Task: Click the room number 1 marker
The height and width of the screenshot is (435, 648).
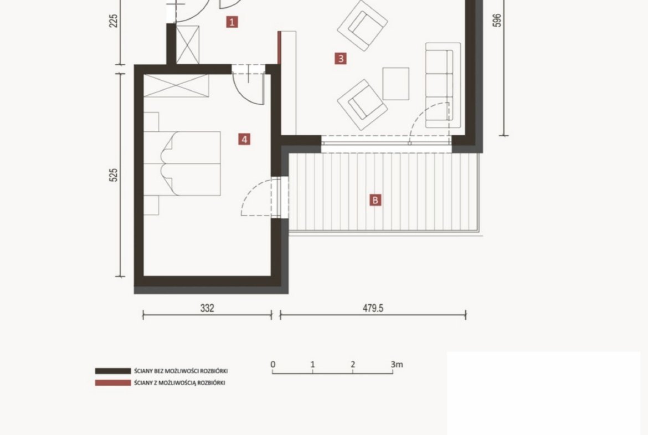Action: pos(232,22)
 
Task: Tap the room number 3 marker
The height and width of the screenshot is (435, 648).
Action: pos(341,58)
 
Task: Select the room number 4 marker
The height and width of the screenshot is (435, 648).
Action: pos(244,139)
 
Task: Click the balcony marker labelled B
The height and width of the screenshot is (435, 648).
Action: pos(376,200)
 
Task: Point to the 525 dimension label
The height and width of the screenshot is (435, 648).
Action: pos(113,175)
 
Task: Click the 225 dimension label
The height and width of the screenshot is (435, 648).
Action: pos(113,21)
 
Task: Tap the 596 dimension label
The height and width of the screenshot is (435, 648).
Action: pos(497,21)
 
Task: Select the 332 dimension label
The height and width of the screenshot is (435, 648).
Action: pos(207,308)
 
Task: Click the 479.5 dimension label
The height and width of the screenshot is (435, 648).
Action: pos(373,308)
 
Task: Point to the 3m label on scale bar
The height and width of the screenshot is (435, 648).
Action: pos(397,364)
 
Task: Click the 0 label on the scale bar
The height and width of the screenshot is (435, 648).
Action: pos(272,364)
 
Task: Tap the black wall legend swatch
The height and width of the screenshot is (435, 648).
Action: pos(113,371)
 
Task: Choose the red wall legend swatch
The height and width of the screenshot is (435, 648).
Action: pos(113,383)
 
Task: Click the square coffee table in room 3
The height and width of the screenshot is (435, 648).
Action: pos(396,84)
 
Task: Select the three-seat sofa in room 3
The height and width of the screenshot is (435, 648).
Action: pos(443,85)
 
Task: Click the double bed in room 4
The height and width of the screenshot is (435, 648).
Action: pos(182,163)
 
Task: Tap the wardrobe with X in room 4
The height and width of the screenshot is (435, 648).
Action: pos(176,85)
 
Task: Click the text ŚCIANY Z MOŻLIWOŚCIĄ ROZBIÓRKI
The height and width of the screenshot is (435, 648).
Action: pos(179,383)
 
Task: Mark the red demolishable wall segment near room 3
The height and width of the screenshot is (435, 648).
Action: pos(279,48)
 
